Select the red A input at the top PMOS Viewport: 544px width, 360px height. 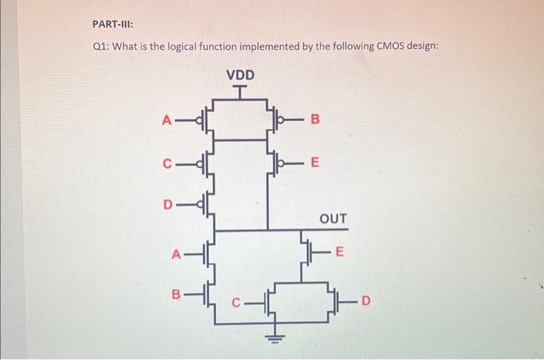pyautogui.click(x=165, y=120)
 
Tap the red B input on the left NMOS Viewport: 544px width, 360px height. pyautogui.click(x=176, y=295)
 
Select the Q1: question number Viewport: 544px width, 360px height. pyautogui.click(x=101, y=47)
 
